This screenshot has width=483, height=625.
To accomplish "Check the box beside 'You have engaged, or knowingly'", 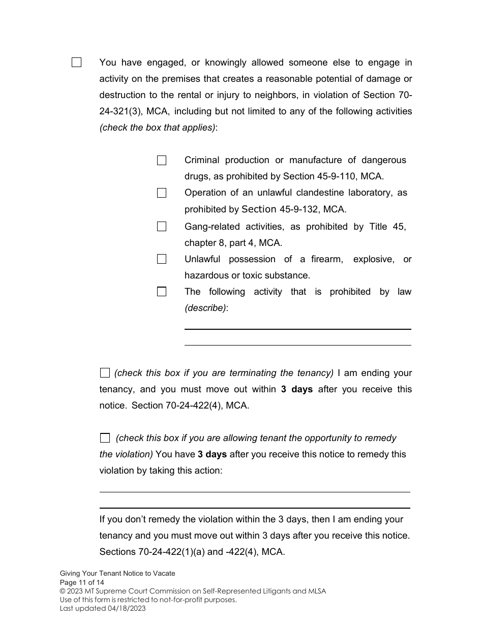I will click(76, 63).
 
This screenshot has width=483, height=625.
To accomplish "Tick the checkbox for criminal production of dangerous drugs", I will click(162, 161).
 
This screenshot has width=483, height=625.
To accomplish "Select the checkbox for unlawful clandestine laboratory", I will click(162, 193).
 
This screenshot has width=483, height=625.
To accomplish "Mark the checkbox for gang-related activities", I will click(162, 227).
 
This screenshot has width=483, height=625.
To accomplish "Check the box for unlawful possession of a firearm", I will click(162, 259).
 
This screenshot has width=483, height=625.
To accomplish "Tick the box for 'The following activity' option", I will click(162, 292).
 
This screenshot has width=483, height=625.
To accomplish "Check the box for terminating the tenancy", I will click(105, 373).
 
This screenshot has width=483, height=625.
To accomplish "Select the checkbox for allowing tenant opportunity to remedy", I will click(105, 438).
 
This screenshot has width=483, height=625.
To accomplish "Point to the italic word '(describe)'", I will click(205, 308).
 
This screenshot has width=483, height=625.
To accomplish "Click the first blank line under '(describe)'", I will click(297, 329).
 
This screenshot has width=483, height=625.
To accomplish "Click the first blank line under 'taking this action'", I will click(254, 491).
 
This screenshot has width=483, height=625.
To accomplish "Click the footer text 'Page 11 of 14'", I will click(82, 582).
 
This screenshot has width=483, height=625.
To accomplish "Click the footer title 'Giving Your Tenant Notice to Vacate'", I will click(117, 573).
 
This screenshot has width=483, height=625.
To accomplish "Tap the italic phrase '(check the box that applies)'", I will click(157, 128).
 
